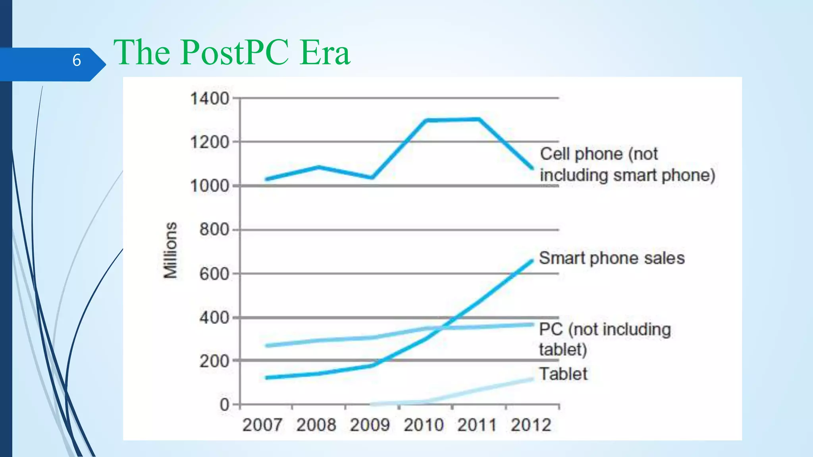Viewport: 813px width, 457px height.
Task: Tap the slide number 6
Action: (77, 60)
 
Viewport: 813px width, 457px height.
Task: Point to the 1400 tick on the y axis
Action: (210, 98)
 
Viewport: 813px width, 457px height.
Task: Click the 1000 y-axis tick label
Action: (210, 186)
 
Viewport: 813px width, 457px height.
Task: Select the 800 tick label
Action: (214, 229)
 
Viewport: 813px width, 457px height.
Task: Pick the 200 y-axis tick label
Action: (214, 361)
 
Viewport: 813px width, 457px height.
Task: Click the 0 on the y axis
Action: (224, 405)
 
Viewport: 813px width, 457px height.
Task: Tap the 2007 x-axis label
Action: (262, 425)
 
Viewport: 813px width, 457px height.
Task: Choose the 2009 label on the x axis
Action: (370, 425)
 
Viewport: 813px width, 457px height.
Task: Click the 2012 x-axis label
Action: (531, 425)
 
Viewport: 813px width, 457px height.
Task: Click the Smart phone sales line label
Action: (612, 258)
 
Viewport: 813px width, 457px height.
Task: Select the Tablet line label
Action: (563, 374)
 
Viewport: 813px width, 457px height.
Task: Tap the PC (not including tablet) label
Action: (604, 339)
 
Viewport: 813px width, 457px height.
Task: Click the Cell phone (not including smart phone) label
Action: (627, 165)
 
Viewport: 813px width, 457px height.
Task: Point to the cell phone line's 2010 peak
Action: (426, 120)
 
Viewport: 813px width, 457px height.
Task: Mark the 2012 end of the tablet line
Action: (532, 380)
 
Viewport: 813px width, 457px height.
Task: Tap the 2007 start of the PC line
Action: (267, 346)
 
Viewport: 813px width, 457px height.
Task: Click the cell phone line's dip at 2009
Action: (372, 177)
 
